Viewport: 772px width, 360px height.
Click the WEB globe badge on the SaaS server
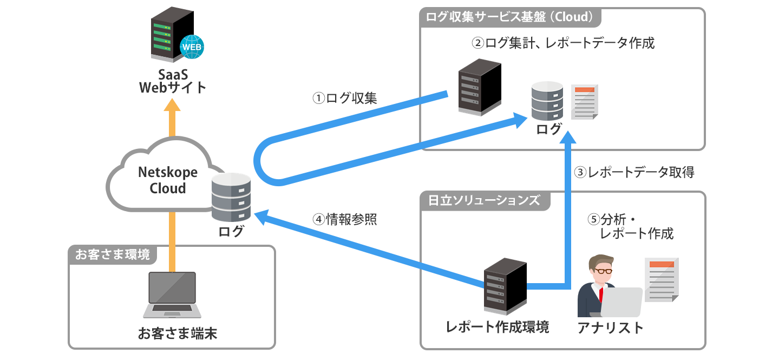[x=192, y=47]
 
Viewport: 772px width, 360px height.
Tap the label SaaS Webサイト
[x=173, y=80]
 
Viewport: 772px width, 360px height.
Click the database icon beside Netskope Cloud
[x=231, y=198]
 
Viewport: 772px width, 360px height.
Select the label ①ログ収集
[x=345, y=98]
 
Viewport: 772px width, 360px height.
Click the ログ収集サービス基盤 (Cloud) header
[x=511, y=17]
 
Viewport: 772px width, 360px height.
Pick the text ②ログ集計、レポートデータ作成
[x=563, y=43]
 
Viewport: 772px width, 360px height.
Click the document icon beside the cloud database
[x=585, y=102]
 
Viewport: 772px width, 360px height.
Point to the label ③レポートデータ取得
[x=633, y=173]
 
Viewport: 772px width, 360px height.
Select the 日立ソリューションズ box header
[x=484, y=200]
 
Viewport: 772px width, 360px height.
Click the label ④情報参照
[x=344, y=219]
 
